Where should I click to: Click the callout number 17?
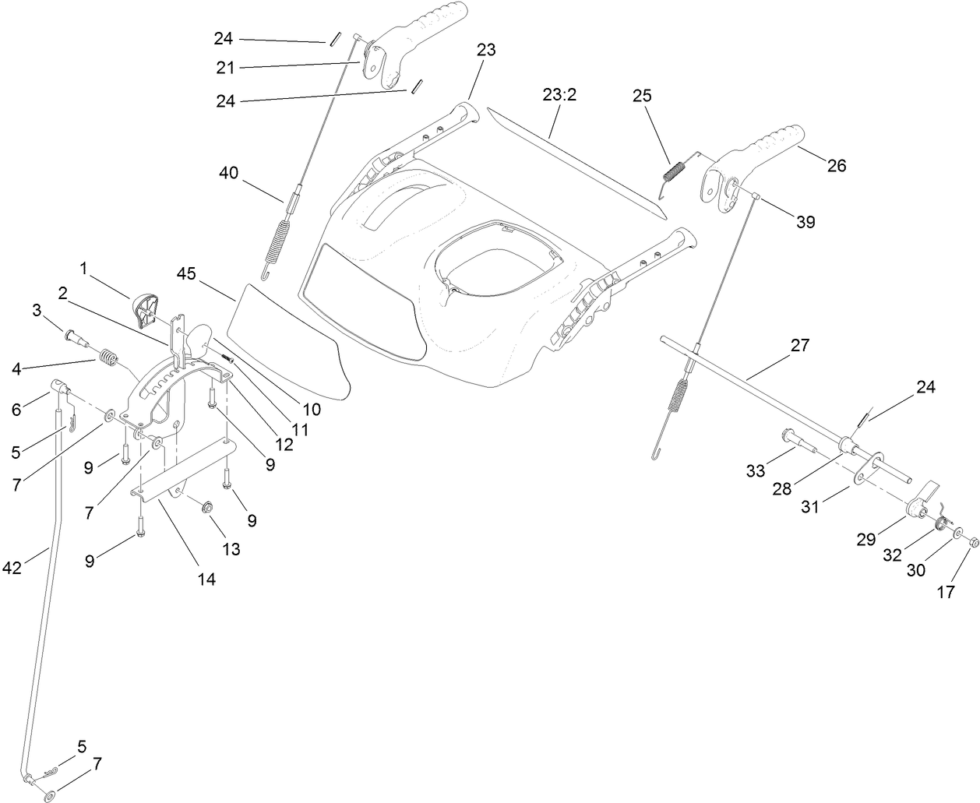coord(945,592)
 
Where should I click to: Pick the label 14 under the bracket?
coord(206,579)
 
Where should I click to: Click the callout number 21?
coord(225,68)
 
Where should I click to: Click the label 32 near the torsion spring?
coord(893,555)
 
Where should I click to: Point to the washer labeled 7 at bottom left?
coord(51,796)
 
